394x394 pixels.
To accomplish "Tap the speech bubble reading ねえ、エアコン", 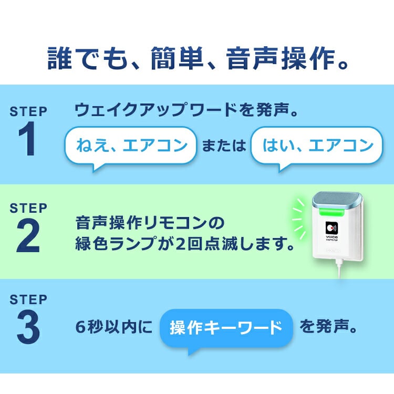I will [x=131, y=146].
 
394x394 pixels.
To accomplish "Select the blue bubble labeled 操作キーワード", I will [x=226, y=329].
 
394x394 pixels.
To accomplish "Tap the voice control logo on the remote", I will [x=332, y=230].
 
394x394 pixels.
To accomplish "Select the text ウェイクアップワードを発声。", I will [x=186, y=111].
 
